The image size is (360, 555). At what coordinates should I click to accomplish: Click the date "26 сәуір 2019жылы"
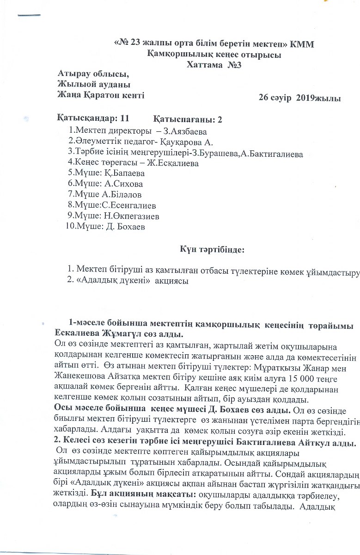click(300, 98)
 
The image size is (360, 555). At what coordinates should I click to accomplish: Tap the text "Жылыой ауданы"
click(94, 85)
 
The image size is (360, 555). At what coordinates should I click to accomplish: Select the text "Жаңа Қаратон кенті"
click(101, 95)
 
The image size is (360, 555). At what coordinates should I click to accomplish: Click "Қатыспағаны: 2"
click(188, 119)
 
